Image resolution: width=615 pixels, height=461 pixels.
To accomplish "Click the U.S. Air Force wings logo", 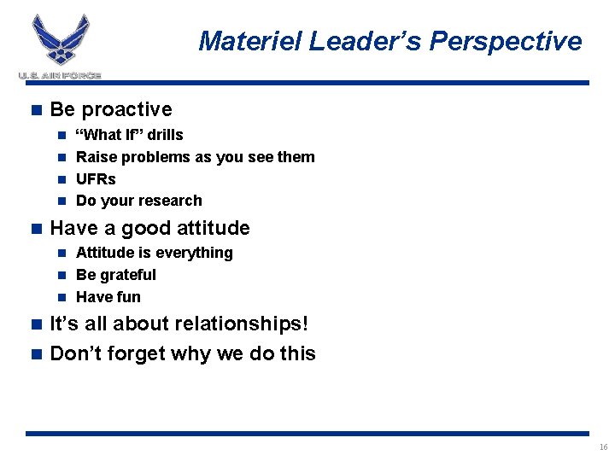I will [61, 40].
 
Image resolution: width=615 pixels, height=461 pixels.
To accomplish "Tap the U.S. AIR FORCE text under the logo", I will [60, 76].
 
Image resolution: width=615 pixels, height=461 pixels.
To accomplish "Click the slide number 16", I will [603, 447].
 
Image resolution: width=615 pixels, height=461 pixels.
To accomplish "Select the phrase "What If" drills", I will [129, 135].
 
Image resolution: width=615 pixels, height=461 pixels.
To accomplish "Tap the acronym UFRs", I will [96, 179].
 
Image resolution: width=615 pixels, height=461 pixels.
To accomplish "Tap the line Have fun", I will [108, 297].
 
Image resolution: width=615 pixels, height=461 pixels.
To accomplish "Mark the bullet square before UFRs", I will [62, 179].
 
